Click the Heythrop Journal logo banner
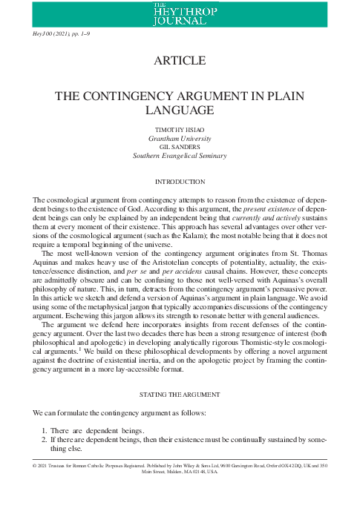click(180, 12)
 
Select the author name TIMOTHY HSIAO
click(180, 130)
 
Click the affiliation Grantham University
click(180, 139)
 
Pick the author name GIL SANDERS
click(180, 148)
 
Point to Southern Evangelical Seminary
click(180, 157)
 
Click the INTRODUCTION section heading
click(180, 182)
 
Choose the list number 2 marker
click(43, 441)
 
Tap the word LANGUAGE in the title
click(180, 111)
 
